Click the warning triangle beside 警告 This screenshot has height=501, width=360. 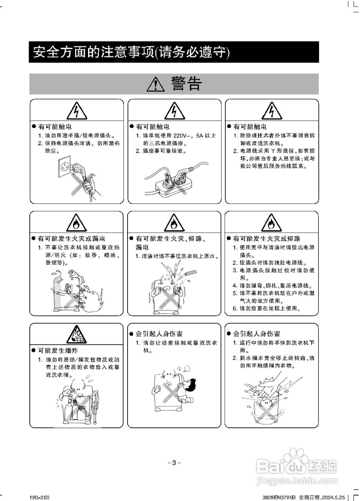156,84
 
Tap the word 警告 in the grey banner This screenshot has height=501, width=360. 186,84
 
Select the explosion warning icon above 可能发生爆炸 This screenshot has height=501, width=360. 76,335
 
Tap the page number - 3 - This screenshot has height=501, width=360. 174,462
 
